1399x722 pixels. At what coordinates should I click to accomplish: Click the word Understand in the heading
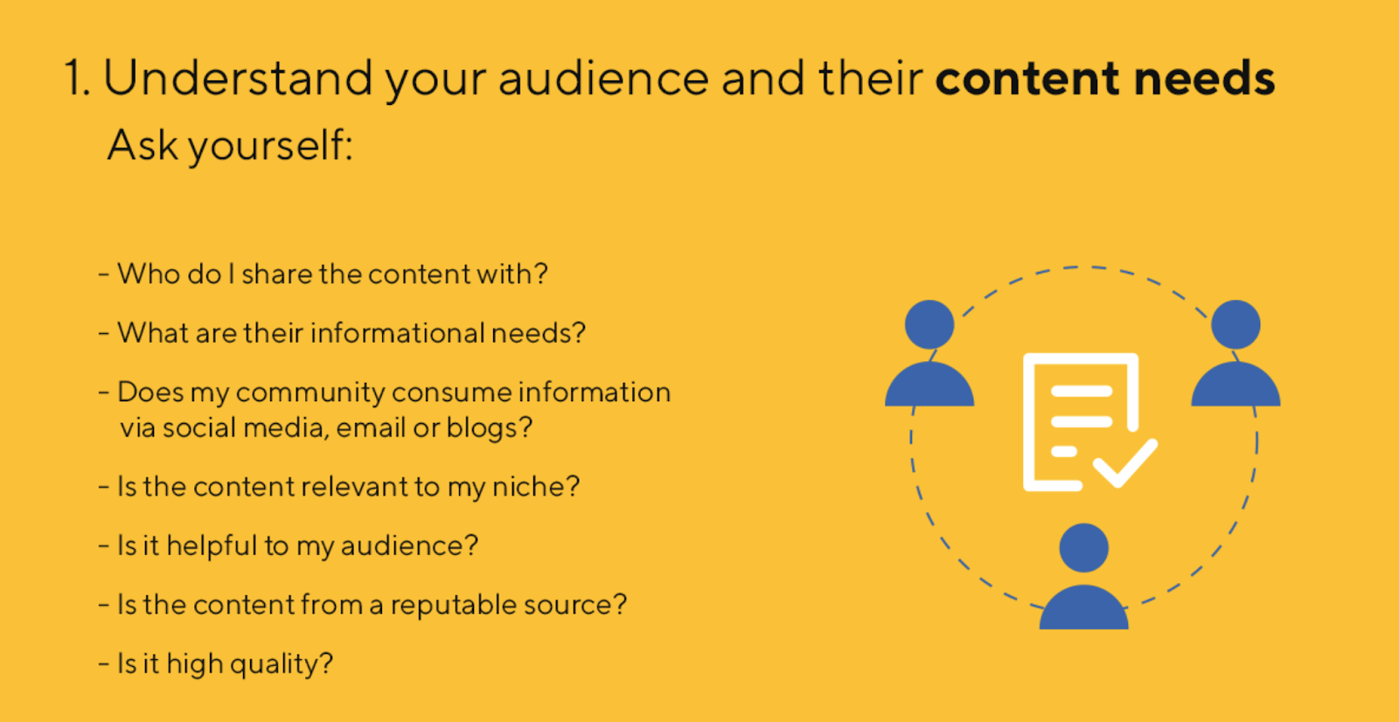(238, 78)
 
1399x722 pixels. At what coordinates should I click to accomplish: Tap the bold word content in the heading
(1027, 78)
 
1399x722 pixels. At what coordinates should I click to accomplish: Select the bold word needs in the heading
(1204, 78)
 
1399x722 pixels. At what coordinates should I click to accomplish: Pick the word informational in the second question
(397, 333)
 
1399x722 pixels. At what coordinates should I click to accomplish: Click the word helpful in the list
(212, 546)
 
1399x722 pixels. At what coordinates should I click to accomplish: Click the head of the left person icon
(929, 325)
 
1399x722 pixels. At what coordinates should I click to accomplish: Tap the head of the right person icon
(1235, 325)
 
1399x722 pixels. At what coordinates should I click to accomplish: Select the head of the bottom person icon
(1083, 548)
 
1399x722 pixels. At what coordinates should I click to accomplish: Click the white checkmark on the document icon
(1125, 462)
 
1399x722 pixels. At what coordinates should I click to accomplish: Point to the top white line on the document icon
(1082, 392)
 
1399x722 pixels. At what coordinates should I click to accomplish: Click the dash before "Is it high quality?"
(104, 664)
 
